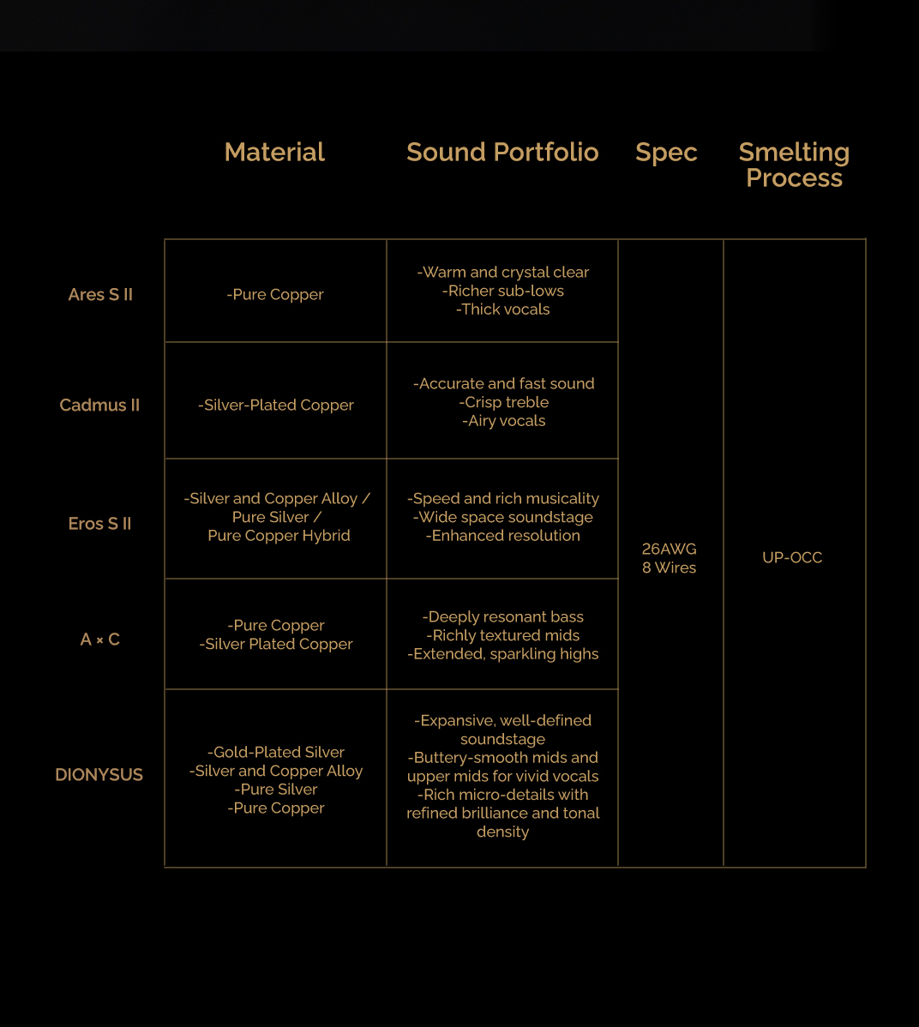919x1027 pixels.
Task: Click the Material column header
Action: point(274,152)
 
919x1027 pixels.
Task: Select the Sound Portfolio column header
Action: point(502,152)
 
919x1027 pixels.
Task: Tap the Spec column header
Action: point(666,152)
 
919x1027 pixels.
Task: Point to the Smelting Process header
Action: point(794,165)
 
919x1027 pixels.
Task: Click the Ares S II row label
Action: point(100,294)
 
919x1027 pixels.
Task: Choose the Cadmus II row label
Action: point(99,405)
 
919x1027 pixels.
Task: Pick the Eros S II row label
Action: point(99,523)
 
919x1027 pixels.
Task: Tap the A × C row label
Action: point(100,639)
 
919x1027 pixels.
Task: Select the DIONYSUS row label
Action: point(99,774)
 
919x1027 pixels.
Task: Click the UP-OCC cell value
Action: point(792,557)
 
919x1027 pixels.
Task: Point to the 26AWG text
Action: point(669,549)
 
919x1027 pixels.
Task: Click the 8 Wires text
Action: point(669,568)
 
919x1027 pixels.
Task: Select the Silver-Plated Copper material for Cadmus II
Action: point(276,405)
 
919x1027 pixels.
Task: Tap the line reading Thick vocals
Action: point(503,309)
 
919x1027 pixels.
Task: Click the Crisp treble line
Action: point(503,402)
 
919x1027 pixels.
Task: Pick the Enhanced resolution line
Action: point(503,536)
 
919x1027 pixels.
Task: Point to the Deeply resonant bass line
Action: point(503,616)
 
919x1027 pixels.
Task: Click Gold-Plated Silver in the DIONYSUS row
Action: point(276,752)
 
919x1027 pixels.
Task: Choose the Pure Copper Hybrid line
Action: point(279,536)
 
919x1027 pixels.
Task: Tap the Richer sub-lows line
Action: point(503,291)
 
